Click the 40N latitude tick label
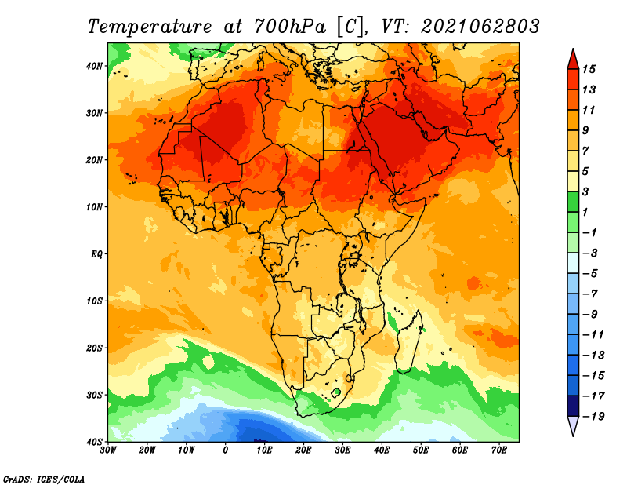tap(94, 66)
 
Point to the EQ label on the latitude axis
tap(96, 254)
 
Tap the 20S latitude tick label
tap(94, 348)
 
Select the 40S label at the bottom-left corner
tap(94, 442)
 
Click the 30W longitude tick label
tap(108, 450)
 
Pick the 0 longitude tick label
tap(226, 450)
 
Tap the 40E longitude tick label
tap(382, 450)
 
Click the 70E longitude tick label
tap(499, 450)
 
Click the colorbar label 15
tap(589, 69)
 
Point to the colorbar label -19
tap(594, 416)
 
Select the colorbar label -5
tap(590, 274)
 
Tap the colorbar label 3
tap(585, 191)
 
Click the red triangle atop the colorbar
tap(573, 60)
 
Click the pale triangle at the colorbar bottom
tap(573, 425)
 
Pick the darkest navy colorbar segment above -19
tap(573, 406)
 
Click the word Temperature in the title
tap(150, 27)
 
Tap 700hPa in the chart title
tap(290, 27)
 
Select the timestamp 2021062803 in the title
tap(480, 27)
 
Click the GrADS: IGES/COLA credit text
tap(44, 479)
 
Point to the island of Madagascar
tap(408, 341)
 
